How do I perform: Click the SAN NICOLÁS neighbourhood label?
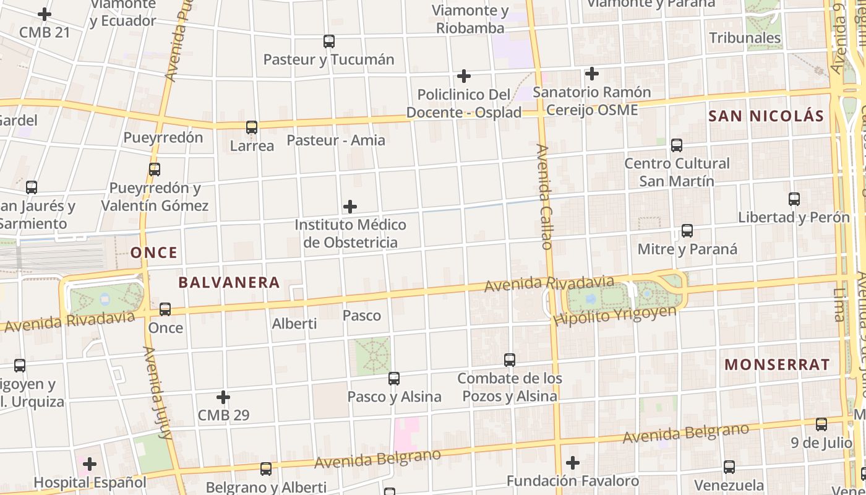pos(766,116)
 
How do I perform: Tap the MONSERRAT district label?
pos(777,364)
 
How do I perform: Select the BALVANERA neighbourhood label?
pos(229,283)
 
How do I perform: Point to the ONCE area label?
pos(154,252)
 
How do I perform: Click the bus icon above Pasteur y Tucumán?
pos(329,41)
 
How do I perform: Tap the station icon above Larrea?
pos(252,127)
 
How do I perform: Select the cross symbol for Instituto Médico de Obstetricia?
pos(350,206)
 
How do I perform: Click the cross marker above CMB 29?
pos(223,397)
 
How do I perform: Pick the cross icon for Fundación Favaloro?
pos(573,462)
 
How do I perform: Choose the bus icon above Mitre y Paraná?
pos(687,231)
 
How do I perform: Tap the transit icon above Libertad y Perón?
pos(794,199)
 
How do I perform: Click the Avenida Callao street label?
pos(544,197)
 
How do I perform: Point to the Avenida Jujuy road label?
pos(157,392)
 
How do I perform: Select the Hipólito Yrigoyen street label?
pos(615,315)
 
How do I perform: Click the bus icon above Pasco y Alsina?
pos(394,378)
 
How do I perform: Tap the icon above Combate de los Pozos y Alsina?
pos(510,359)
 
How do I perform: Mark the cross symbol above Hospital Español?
pos(90,463)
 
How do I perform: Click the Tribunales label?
pos(745,38)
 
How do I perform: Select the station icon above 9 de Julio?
pos(821,424)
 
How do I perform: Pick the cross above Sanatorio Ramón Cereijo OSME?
pos(592,74)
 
